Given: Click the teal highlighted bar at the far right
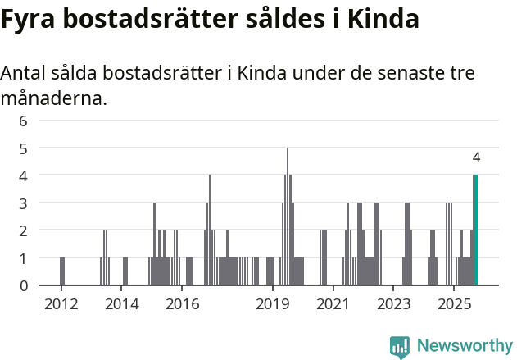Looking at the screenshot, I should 475,230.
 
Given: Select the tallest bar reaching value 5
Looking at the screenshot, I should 288,217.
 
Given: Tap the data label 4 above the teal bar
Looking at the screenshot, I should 476,157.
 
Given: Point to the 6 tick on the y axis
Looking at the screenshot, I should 24,121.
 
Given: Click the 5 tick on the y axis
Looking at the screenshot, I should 24,148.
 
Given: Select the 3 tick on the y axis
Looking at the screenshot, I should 24,203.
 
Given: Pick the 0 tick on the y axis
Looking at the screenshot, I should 24,285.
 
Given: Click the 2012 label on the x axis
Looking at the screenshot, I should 61,305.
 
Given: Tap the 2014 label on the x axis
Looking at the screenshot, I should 122,305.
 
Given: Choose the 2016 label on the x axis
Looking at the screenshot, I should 182,305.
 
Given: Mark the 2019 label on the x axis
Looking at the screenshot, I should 273,305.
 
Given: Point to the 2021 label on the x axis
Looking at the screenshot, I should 333,305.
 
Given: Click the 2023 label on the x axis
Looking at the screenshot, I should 393,305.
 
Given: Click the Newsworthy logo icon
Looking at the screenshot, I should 400,346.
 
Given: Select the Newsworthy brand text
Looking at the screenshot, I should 464,346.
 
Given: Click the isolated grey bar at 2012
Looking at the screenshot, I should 61,271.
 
